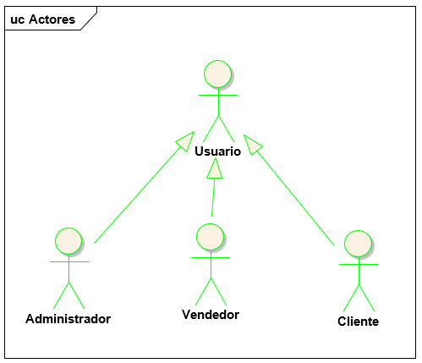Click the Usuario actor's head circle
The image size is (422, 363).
pos(218,74)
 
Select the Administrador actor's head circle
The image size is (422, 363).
pos(69,240)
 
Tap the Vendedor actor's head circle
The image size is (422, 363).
pos(210,237)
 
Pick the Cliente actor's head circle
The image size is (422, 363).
pos(359,244)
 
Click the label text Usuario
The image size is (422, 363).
pos(217,151)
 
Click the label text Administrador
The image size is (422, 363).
pos(68,319)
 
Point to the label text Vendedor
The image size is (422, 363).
pos(211,315)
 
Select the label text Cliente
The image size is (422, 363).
pos(358,322)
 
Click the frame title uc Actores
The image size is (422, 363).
pos(41,19)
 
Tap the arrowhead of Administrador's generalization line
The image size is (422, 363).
pos(186,140)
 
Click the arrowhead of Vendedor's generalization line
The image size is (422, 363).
pos(215,169)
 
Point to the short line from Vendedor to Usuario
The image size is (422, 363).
pos(213,199)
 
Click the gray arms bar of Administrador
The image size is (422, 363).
pos(69,261)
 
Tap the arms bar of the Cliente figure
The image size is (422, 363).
pos(359,265)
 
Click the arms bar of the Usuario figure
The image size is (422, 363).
pos(218,96)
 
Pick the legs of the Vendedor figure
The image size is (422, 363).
pos(211,292)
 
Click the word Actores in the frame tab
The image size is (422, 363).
pos(51,19)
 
